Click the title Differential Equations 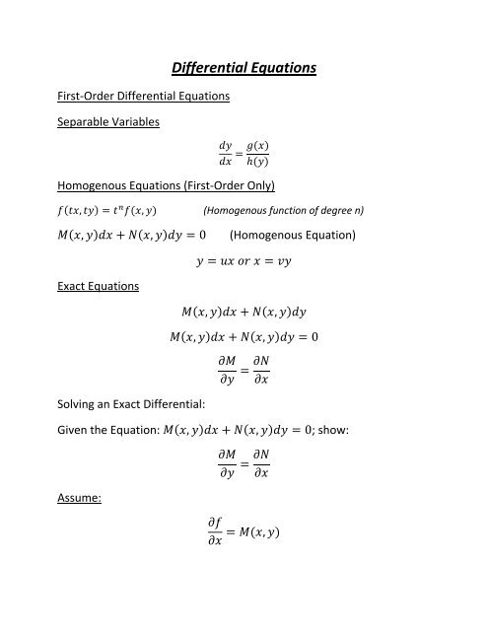click(244, 69)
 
